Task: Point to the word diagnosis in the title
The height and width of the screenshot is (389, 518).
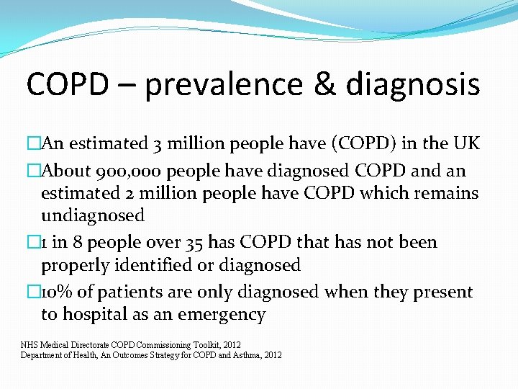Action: click(x=413, y=84)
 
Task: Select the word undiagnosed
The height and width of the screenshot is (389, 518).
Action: click(x=93, y=215)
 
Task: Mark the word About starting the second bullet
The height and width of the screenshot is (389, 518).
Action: click(x=65, y=171)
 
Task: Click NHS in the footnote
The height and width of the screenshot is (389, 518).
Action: click(x=29, y=345)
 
